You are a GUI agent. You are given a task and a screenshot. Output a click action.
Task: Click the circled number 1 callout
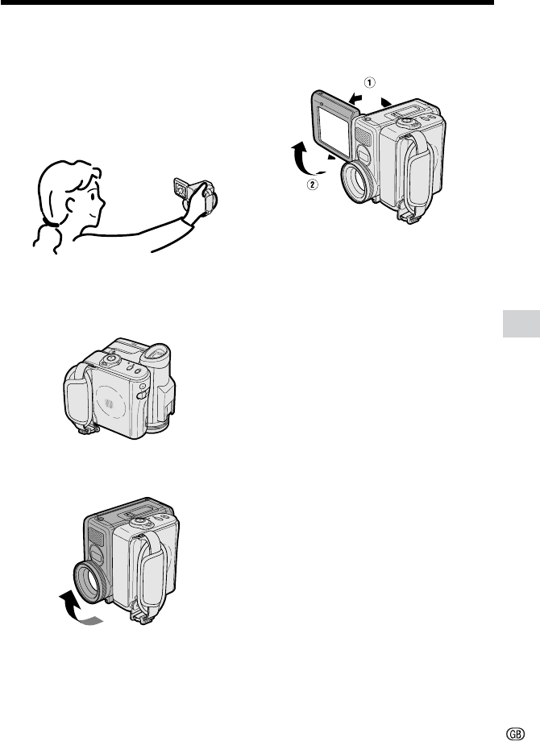click(x=369, y=83)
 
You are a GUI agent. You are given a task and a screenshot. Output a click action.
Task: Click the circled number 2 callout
click(x=312, y=184)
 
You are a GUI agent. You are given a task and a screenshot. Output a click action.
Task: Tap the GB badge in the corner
click(x=515, y=734)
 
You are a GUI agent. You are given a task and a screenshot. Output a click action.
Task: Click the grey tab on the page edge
click(x=521, y=324)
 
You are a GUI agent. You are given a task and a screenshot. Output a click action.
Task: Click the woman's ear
click(x=72, y=205)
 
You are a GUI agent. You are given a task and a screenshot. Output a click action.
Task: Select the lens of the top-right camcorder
click(x=359, y=181)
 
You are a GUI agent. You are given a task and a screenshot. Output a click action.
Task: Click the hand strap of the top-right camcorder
click(x=421, y=170)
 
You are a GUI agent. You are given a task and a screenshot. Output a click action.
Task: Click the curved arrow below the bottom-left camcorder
click(x=75, y=612)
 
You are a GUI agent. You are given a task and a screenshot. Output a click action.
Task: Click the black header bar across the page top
click(x=247, y=2)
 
